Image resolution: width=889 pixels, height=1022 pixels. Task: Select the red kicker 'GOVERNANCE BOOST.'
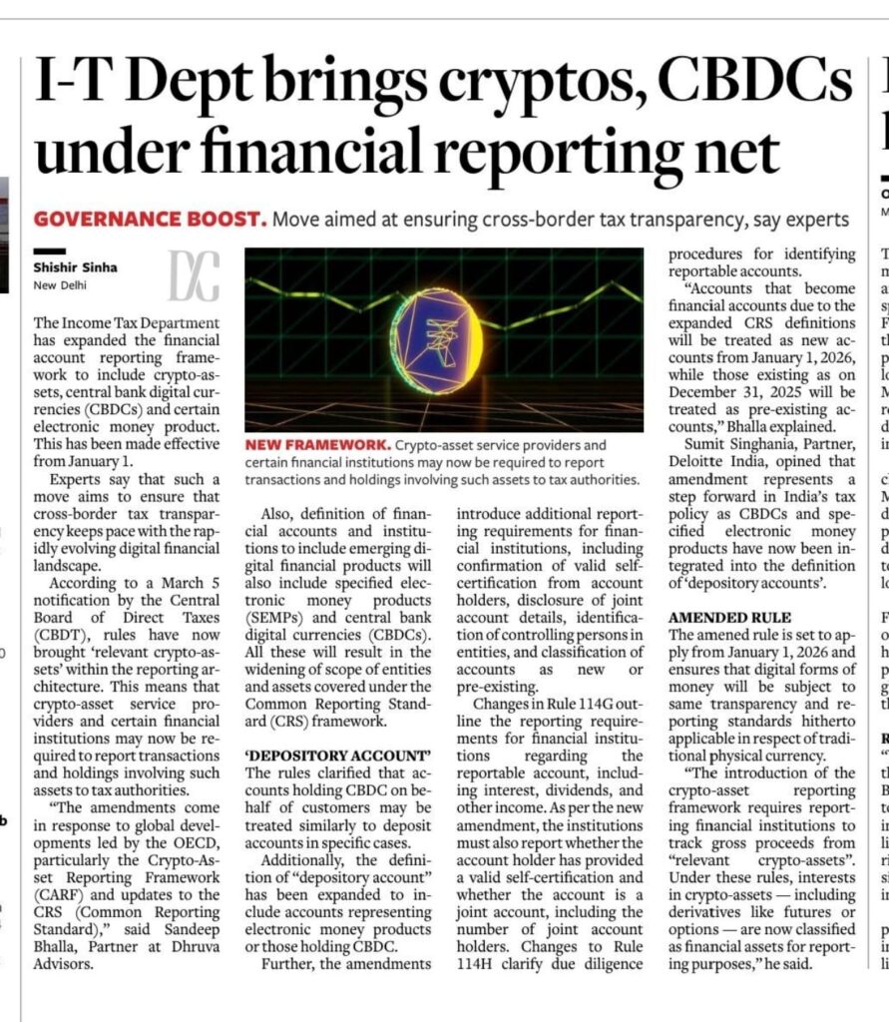point(150,219)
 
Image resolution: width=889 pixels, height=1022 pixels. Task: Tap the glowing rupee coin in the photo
point(436,340)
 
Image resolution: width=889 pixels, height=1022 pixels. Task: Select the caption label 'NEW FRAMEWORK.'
point(309,445)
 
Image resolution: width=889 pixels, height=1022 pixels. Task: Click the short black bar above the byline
point(49,251)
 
